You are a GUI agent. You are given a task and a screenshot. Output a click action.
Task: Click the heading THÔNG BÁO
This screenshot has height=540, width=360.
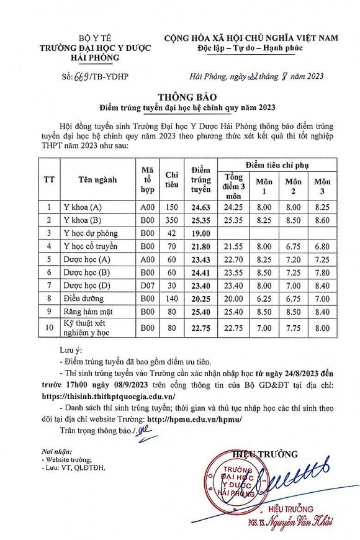pyautogui.click(x=180, y=97)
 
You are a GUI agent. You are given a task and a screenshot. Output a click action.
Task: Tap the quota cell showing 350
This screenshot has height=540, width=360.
pyautogui.click(x=171, y=220)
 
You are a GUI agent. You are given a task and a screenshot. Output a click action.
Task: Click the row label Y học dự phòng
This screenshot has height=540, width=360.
pyautogui.click(x=91, y=233)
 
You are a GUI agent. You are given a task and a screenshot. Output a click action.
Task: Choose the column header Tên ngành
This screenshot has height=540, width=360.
pyautogui.click(x=97, y=180)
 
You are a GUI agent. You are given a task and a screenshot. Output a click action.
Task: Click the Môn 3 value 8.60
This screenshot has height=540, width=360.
pyautogui.click(x=322, y=220)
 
